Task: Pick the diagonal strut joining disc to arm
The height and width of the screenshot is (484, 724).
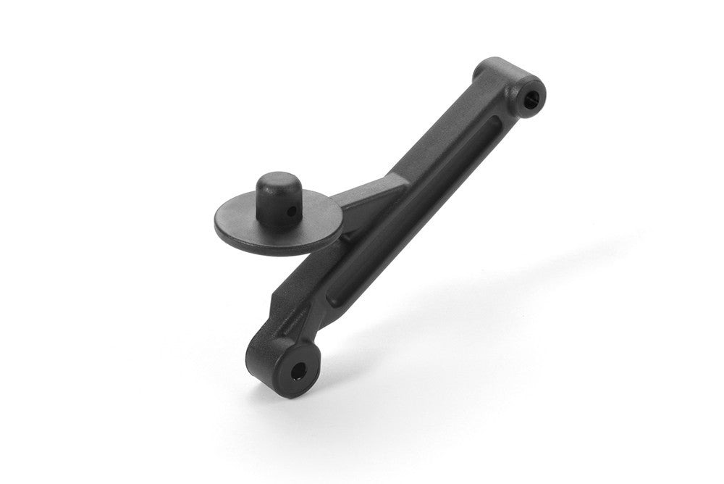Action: click(x=369, y=197)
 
